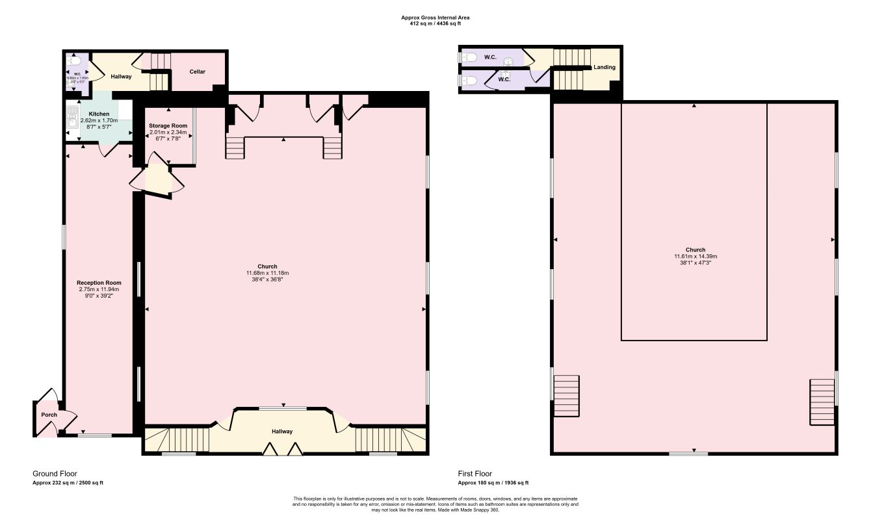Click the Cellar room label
pos(198,71)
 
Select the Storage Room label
pos(168,125)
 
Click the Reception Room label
pos(99,283)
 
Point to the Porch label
pos(49,415)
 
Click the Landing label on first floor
pos(604,67)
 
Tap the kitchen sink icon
pos(72,118)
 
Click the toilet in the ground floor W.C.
pos(74,61)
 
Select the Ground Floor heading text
pos(55,474)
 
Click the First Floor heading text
pos(475,474)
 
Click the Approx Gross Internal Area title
pos(435,18)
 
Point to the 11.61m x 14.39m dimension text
pos(695,256)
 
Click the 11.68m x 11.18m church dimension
pos(267,273)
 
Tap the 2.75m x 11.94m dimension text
pos(99,289)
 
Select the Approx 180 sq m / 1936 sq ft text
pos(493,483)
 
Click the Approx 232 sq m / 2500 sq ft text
pos(68,483)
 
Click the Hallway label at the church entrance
pos(282,432)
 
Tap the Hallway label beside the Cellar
pos(121,76)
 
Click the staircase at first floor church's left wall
pos(565,396)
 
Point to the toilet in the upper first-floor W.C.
pos(471,57)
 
